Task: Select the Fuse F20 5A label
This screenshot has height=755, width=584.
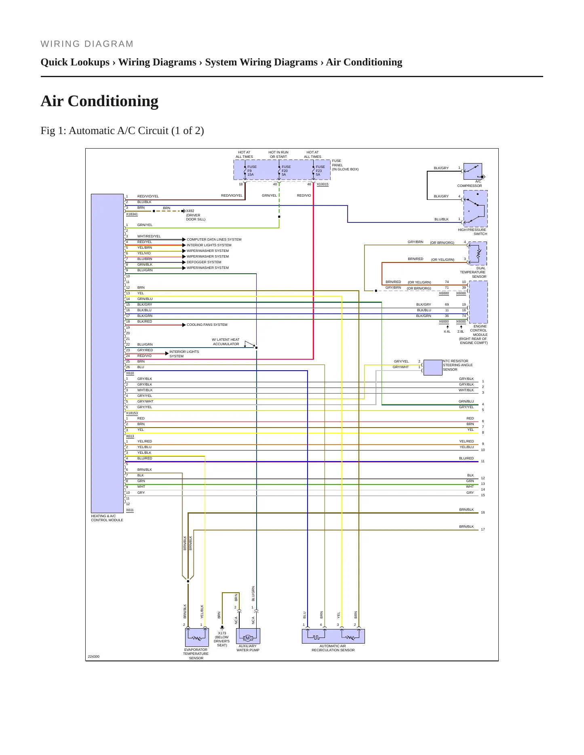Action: click(286, 171)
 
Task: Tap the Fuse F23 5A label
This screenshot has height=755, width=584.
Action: click(320, 171)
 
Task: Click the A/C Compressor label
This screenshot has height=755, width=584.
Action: click(470, 184)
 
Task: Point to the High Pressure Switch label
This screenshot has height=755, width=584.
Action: click(472, 232)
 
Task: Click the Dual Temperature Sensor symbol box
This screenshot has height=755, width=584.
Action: click(477, 254)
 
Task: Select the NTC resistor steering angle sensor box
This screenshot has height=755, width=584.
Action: click(433, 367)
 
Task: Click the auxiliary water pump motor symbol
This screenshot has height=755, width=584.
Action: click(248, 638)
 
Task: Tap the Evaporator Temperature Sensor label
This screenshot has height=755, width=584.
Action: click(196, 654)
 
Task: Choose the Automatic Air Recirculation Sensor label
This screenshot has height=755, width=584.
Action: click(333, 648)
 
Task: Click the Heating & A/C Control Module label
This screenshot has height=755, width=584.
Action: click(107, 518)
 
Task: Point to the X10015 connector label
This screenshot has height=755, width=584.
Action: click(323, 184)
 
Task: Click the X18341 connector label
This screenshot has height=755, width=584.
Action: click(132, 214)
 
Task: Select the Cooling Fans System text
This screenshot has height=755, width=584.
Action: click(207, 325)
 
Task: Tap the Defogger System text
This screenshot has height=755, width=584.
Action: click(204, 262)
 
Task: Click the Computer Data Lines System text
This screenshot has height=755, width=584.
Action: click(214, 239)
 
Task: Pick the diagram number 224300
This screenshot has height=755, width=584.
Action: click(94, 656)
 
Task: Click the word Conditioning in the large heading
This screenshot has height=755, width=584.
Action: click(113, 101)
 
